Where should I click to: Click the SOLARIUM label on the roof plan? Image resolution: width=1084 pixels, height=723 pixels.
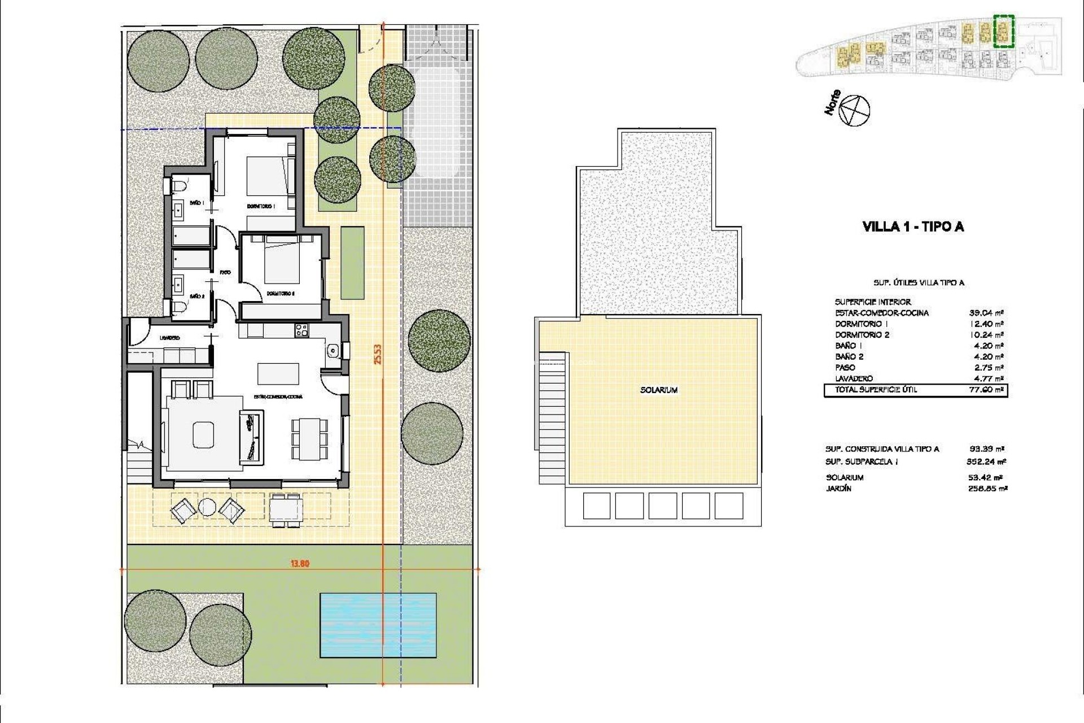coord(659,390)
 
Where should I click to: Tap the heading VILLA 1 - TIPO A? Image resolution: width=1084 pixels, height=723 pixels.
coord(913,227)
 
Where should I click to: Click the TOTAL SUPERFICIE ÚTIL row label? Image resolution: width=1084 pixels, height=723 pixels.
coord(876,390)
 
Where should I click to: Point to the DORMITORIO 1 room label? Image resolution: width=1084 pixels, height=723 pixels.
coord(260,207)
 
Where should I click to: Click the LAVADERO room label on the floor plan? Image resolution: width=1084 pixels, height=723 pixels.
coord(169,338)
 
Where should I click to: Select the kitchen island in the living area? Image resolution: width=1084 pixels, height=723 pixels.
coord(278,373)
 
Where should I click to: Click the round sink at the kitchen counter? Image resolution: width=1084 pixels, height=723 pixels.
coord(333,351)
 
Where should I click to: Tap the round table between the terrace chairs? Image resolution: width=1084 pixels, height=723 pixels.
coord(207,508)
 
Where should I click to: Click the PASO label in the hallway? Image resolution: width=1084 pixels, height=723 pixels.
coord(225,272)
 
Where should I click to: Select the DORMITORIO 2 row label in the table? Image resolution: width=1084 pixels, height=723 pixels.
coord(862,335)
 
